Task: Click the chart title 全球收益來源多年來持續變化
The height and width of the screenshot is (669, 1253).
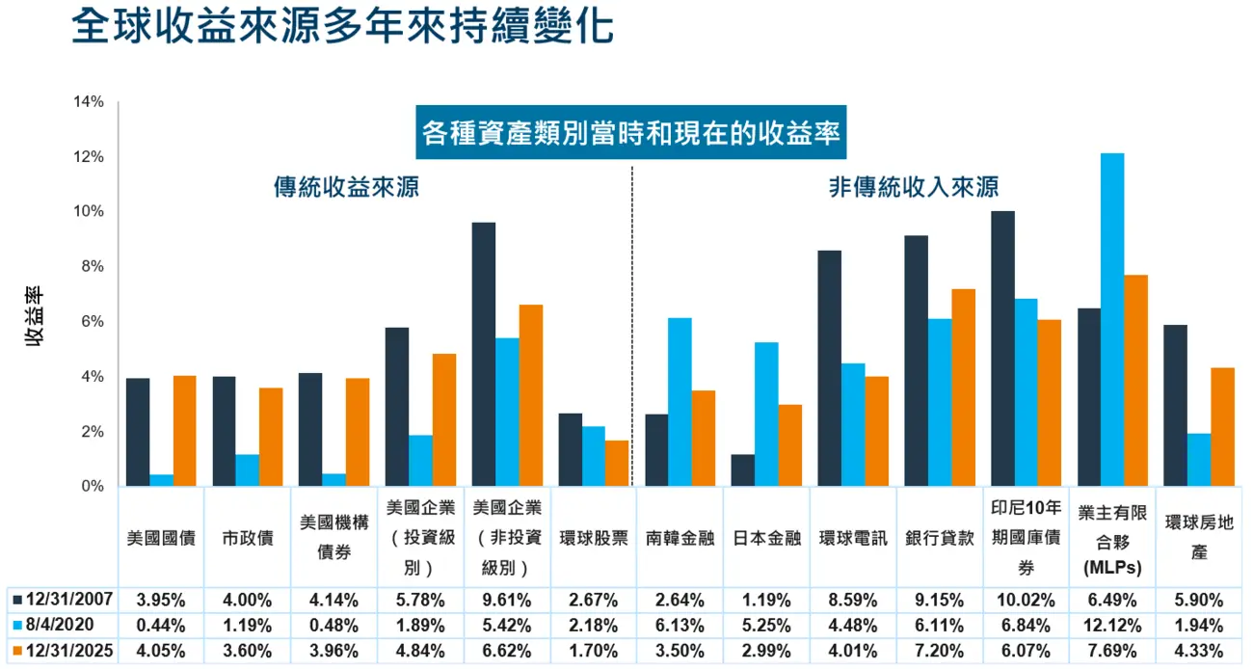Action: pyautogui.click(x=342, y=28)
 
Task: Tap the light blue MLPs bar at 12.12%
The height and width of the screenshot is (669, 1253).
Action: pyautogui.click(x=1112, y=319)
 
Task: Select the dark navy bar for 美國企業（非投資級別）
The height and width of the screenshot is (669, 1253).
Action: pyautogui.click(x=484, y=354)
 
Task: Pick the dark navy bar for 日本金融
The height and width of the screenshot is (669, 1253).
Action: pyautogui.click(x=742, y=470)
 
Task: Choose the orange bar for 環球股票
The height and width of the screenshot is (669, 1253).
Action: pyautogui.click(x=617, y=463)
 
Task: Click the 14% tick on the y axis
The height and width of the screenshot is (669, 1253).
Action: pyautogui.click(x=89, y=102)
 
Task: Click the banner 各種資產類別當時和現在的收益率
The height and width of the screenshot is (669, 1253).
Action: pyautogui.click(x=631, y=132)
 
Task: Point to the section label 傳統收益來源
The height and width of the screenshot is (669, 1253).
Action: pyautogui.click(x=346, y=187)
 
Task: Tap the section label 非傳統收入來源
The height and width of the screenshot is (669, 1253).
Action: pyautogui.click(x=913, y=187)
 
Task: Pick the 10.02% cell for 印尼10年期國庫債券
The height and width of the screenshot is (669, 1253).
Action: pyautogui.click(x=1026, y=599)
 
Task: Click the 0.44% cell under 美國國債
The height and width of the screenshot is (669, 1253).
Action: pyautogui.click(x=162, y=625)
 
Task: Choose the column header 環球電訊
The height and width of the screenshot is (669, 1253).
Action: pyautogui.click(x=853, y=538)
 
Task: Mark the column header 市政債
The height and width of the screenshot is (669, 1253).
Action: pyautogui.click(x=248, y=538)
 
